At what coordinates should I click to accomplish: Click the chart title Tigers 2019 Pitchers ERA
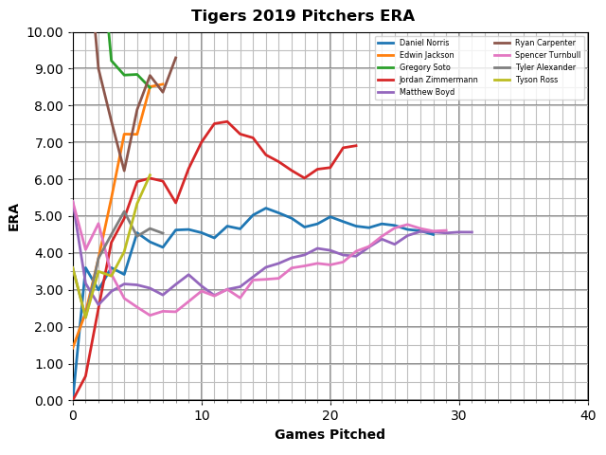pyautogui.click(x=303, y=16)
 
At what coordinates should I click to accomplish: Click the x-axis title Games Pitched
pyautogui.click(x=330, y=435)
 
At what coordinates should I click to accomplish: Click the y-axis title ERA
pyautogui.click(x=14, y=216)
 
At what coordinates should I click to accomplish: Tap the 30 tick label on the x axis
pyautogui.click(x=459, y=416)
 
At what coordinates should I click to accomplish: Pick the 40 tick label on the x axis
pyautogui.click(x=588, y=416)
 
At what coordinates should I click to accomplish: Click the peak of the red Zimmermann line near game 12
pyautogui.click(x=227, y=121)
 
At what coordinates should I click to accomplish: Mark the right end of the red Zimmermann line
pyautogui.click(x=356, y=146)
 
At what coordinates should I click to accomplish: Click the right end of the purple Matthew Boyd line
pyautogui.click(x=472, y=232)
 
